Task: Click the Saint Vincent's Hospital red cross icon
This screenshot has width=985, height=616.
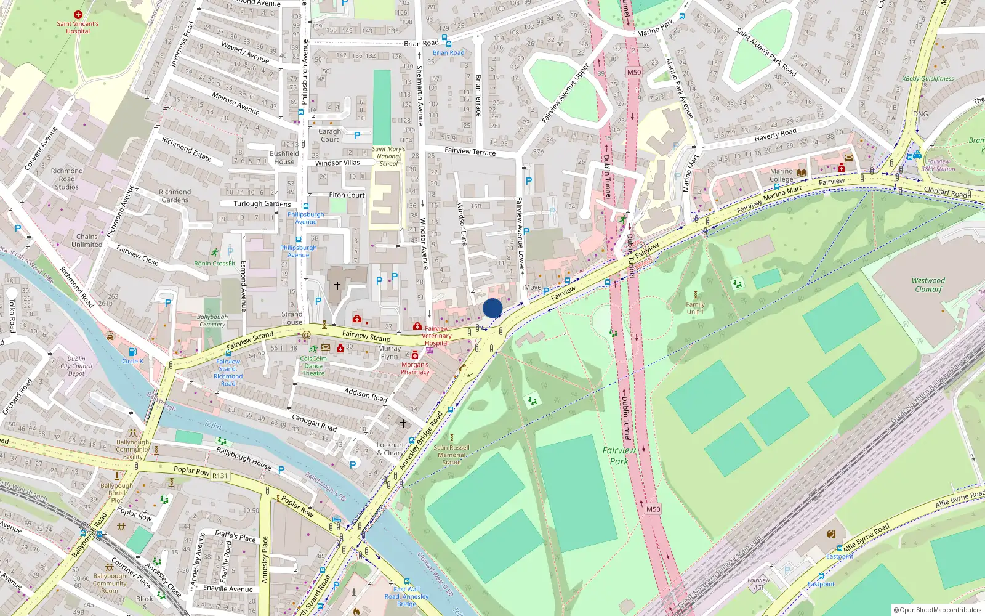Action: [78, 14]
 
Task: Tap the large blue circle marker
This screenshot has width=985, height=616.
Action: [492, 308]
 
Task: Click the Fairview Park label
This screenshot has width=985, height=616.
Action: [619, 456]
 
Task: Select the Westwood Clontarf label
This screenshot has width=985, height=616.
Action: [928, 285]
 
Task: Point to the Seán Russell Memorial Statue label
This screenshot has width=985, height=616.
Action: [451, 455]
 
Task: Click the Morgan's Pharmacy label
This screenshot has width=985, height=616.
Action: [415, 368]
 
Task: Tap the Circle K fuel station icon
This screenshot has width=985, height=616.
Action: [132, 352]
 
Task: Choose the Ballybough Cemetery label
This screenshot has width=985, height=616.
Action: [212, 320]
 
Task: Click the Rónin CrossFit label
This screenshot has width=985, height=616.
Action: [215, 264]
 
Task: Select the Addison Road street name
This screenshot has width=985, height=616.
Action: [366, 395]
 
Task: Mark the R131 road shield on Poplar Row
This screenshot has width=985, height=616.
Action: [220, 476]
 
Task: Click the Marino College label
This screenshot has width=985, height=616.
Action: [781, 176]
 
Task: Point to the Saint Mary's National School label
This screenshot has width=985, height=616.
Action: [388, 156]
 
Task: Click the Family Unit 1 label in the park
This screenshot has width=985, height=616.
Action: [695, 308]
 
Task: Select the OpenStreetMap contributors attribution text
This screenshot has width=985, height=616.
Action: [937, 610]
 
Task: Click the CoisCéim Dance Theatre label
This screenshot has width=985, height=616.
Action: [313, 365]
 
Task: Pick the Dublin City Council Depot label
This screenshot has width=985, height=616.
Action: [76, 366]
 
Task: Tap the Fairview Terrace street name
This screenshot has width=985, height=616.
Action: [470, 151]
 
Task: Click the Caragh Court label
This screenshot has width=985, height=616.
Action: [329, 135]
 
